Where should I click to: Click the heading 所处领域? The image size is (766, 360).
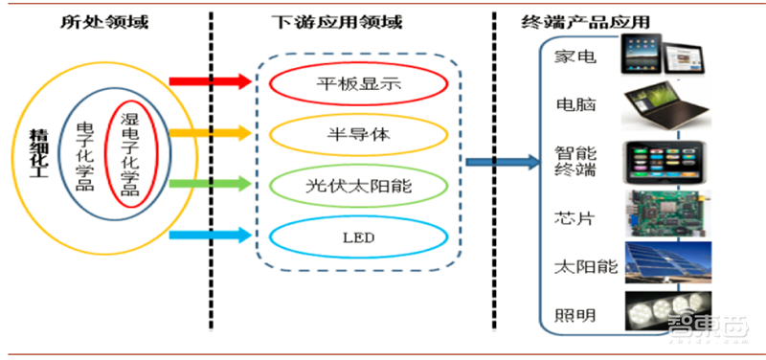[x=98, y=20]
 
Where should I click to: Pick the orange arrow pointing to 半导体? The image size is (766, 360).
[x=210, y=132]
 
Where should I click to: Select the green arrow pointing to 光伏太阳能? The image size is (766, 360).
[x=210, y=182]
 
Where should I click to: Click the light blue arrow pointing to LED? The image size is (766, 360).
[x=210, y=235]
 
